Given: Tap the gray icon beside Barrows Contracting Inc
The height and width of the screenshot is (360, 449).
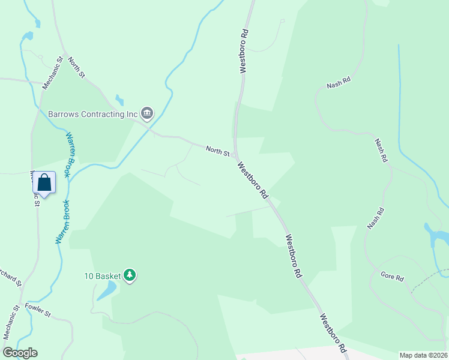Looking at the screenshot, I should click(147, 113).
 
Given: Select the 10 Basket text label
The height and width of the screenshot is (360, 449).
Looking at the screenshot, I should click(102, 276).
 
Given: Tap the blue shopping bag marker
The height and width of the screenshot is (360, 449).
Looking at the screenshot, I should click(44, 182).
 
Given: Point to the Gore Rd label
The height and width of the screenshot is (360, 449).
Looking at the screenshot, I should click(393, 277).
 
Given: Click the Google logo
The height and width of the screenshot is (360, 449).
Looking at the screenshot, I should click(20, 353).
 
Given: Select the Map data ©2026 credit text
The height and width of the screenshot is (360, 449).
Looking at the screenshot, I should click(423, 355).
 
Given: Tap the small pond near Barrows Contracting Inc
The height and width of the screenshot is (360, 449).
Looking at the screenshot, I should click(119, 100).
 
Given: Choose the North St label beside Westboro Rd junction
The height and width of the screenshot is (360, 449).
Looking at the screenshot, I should click(217, 151).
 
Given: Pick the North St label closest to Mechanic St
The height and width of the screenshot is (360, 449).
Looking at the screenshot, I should click(77, 68).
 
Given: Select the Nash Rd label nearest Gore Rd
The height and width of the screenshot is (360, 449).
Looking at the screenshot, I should click(375, 218).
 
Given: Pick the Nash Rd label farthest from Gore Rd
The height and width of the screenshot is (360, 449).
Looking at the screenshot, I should click(339, 83).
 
